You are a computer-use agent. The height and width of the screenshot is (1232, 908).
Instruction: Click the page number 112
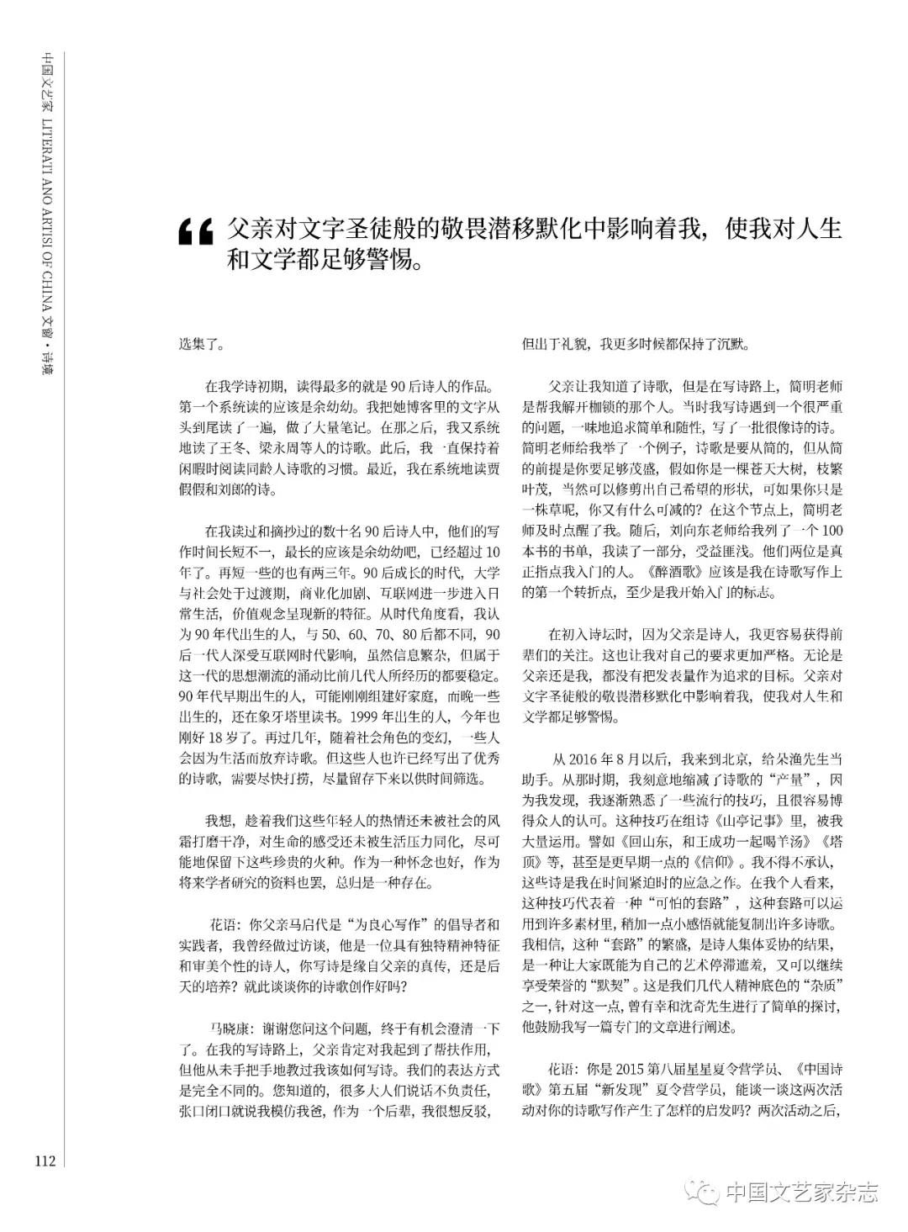45,1161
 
